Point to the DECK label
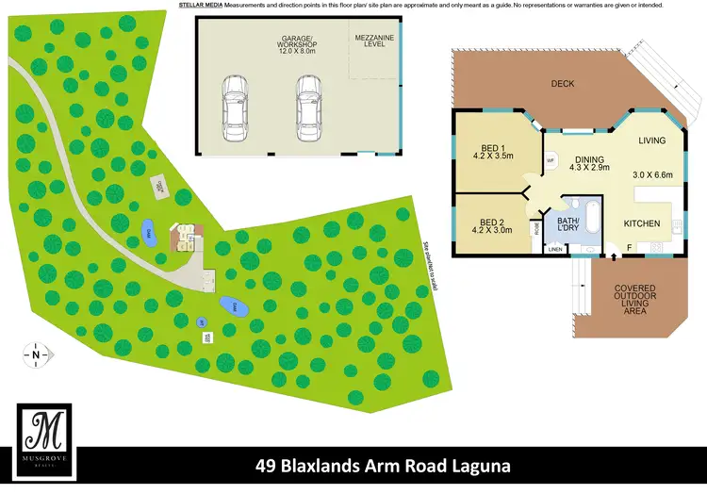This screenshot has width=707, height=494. coord(563,84)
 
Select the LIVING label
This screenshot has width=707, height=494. coord(651,141)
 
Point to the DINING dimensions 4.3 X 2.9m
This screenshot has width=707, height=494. coord(589,168)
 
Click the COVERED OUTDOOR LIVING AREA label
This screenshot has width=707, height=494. coord(641,300)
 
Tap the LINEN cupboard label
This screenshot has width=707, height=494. coord(556,249)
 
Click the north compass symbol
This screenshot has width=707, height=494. coord(36,355)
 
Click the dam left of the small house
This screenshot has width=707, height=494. coord(148,231)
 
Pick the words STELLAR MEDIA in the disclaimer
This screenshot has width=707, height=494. coord(200,6)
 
